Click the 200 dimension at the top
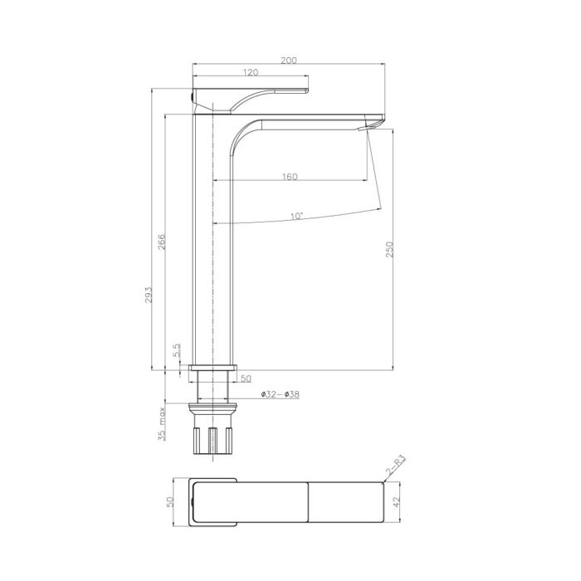(290, 61)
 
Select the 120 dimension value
(249, 74)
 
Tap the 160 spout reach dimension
(290, 177)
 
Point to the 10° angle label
(296, 216)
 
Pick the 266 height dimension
(163, 242)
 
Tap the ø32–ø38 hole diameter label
(280, 394)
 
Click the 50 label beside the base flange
(246, 378)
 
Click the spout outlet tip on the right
(374, 123)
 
